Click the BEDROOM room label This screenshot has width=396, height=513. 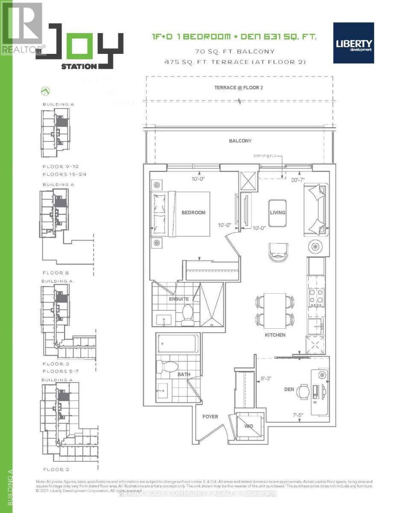193,212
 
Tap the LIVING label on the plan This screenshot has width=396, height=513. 277,212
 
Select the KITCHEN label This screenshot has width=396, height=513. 275,335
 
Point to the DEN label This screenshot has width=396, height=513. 290,389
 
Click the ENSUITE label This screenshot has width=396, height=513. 178,299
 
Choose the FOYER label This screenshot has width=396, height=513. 210,416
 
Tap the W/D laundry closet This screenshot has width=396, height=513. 249,426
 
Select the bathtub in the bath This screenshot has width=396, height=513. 176,343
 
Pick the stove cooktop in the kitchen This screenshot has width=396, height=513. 317,298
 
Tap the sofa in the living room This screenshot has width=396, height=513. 317,209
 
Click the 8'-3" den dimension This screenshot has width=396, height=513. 266,378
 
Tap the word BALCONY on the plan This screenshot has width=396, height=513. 240,141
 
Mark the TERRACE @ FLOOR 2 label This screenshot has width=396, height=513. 238,88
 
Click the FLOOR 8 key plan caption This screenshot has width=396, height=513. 56,272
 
